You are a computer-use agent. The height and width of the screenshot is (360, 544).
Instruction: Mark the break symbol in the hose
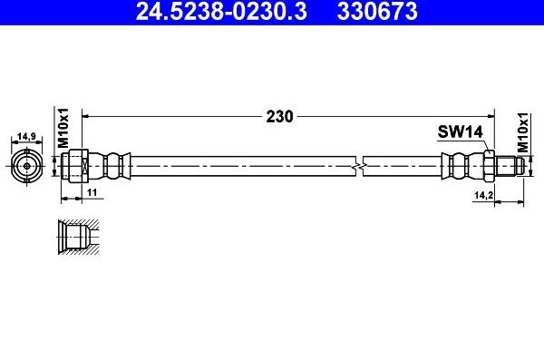(x=360, y=166)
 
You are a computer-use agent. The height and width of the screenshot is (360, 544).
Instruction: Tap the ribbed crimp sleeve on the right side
(x=458, y=166)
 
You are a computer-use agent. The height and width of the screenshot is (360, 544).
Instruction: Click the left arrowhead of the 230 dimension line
(x=87, y=115)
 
